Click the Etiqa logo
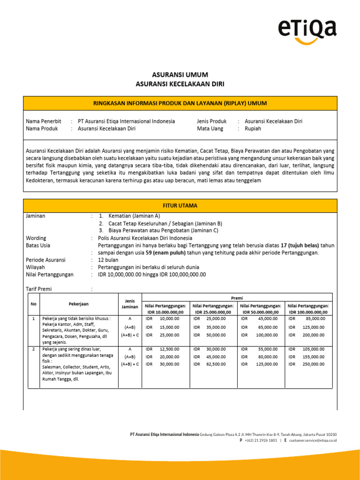[307, 30]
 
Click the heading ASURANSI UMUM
[180, 75]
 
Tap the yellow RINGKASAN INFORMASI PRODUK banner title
[180, 103]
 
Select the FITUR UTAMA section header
[180, 206]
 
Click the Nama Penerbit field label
[44, 121]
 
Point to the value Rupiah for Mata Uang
[253, 128]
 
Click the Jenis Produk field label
[212, 121]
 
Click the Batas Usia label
[38, 245]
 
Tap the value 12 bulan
[108, 260]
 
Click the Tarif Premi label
[39, 289]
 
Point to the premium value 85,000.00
[315, 318]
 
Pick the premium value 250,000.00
[314, 364]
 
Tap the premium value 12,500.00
[169, 349]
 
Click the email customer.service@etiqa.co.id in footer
[313, 441]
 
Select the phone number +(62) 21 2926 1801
[261, 441]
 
